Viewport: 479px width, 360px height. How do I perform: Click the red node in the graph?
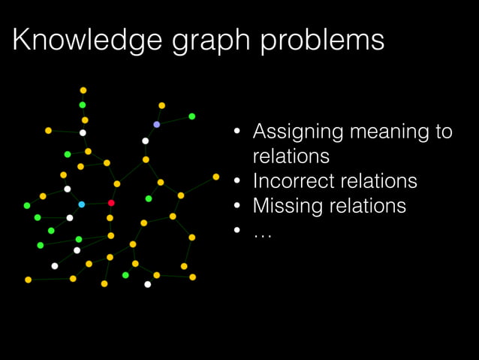click(x=111, y=203)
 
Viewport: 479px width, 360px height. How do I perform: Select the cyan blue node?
click(x=82, y=204)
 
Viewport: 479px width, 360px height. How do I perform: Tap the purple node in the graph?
click(x=156, y=124)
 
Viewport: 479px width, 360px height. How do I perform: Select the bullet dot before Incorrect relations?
click(x=236, y=182)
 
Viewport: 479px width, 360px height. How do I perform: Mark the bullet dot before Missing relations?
click(x=236, y=206)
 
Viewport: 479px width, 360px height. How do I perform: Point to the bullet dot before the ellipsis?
click(x=236, y=230)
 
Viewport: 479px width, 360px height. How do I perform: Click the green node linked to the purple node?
click(x=192, y=116)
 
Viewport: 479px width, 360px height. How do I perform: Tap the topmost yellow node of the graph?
click(x=83, y=90)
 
